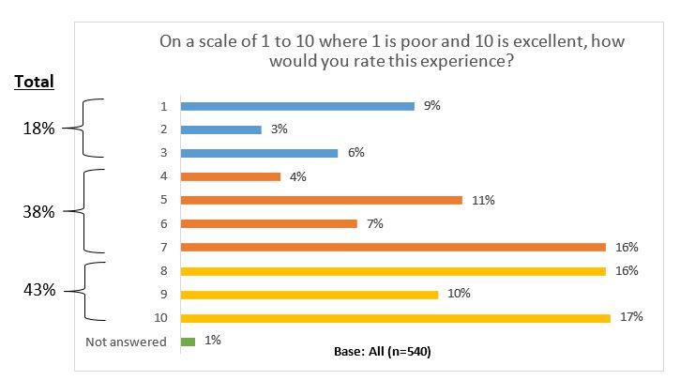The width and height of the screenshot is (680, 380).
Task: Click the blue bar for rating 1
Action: point(296,106)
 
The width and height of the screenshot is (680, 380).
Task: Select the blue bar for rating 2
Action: point(220,129)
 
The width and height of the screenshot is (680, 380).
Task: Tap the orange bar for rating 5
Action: point(321,200)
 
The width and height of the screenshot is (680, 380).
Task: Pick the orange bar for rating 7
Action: point(392,247)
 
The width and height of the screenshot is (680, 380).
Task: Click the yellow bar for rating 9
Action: point(309,294)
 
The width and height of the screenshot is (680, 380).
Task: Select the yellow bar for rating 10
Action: point(395,318)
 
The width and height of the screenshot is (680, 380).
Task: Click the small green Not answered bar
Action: point(187,342)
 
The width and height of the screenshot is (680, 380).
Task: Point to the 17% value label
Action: point(630,317)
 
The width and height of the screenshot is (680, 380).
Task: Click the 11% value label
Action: point(483,200)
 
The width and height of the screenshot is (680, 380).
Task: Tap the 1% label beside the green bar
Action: point(212,341)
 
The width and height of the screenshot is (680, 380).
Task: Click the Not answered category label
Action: point(126,342)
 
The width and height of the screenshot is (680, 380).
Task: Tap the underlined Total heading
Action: point(34,82)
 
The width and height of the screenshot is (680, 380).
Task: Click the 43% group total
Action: point(39,291)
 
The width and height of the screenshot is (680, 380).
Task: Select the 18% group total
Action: point(39,129)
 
